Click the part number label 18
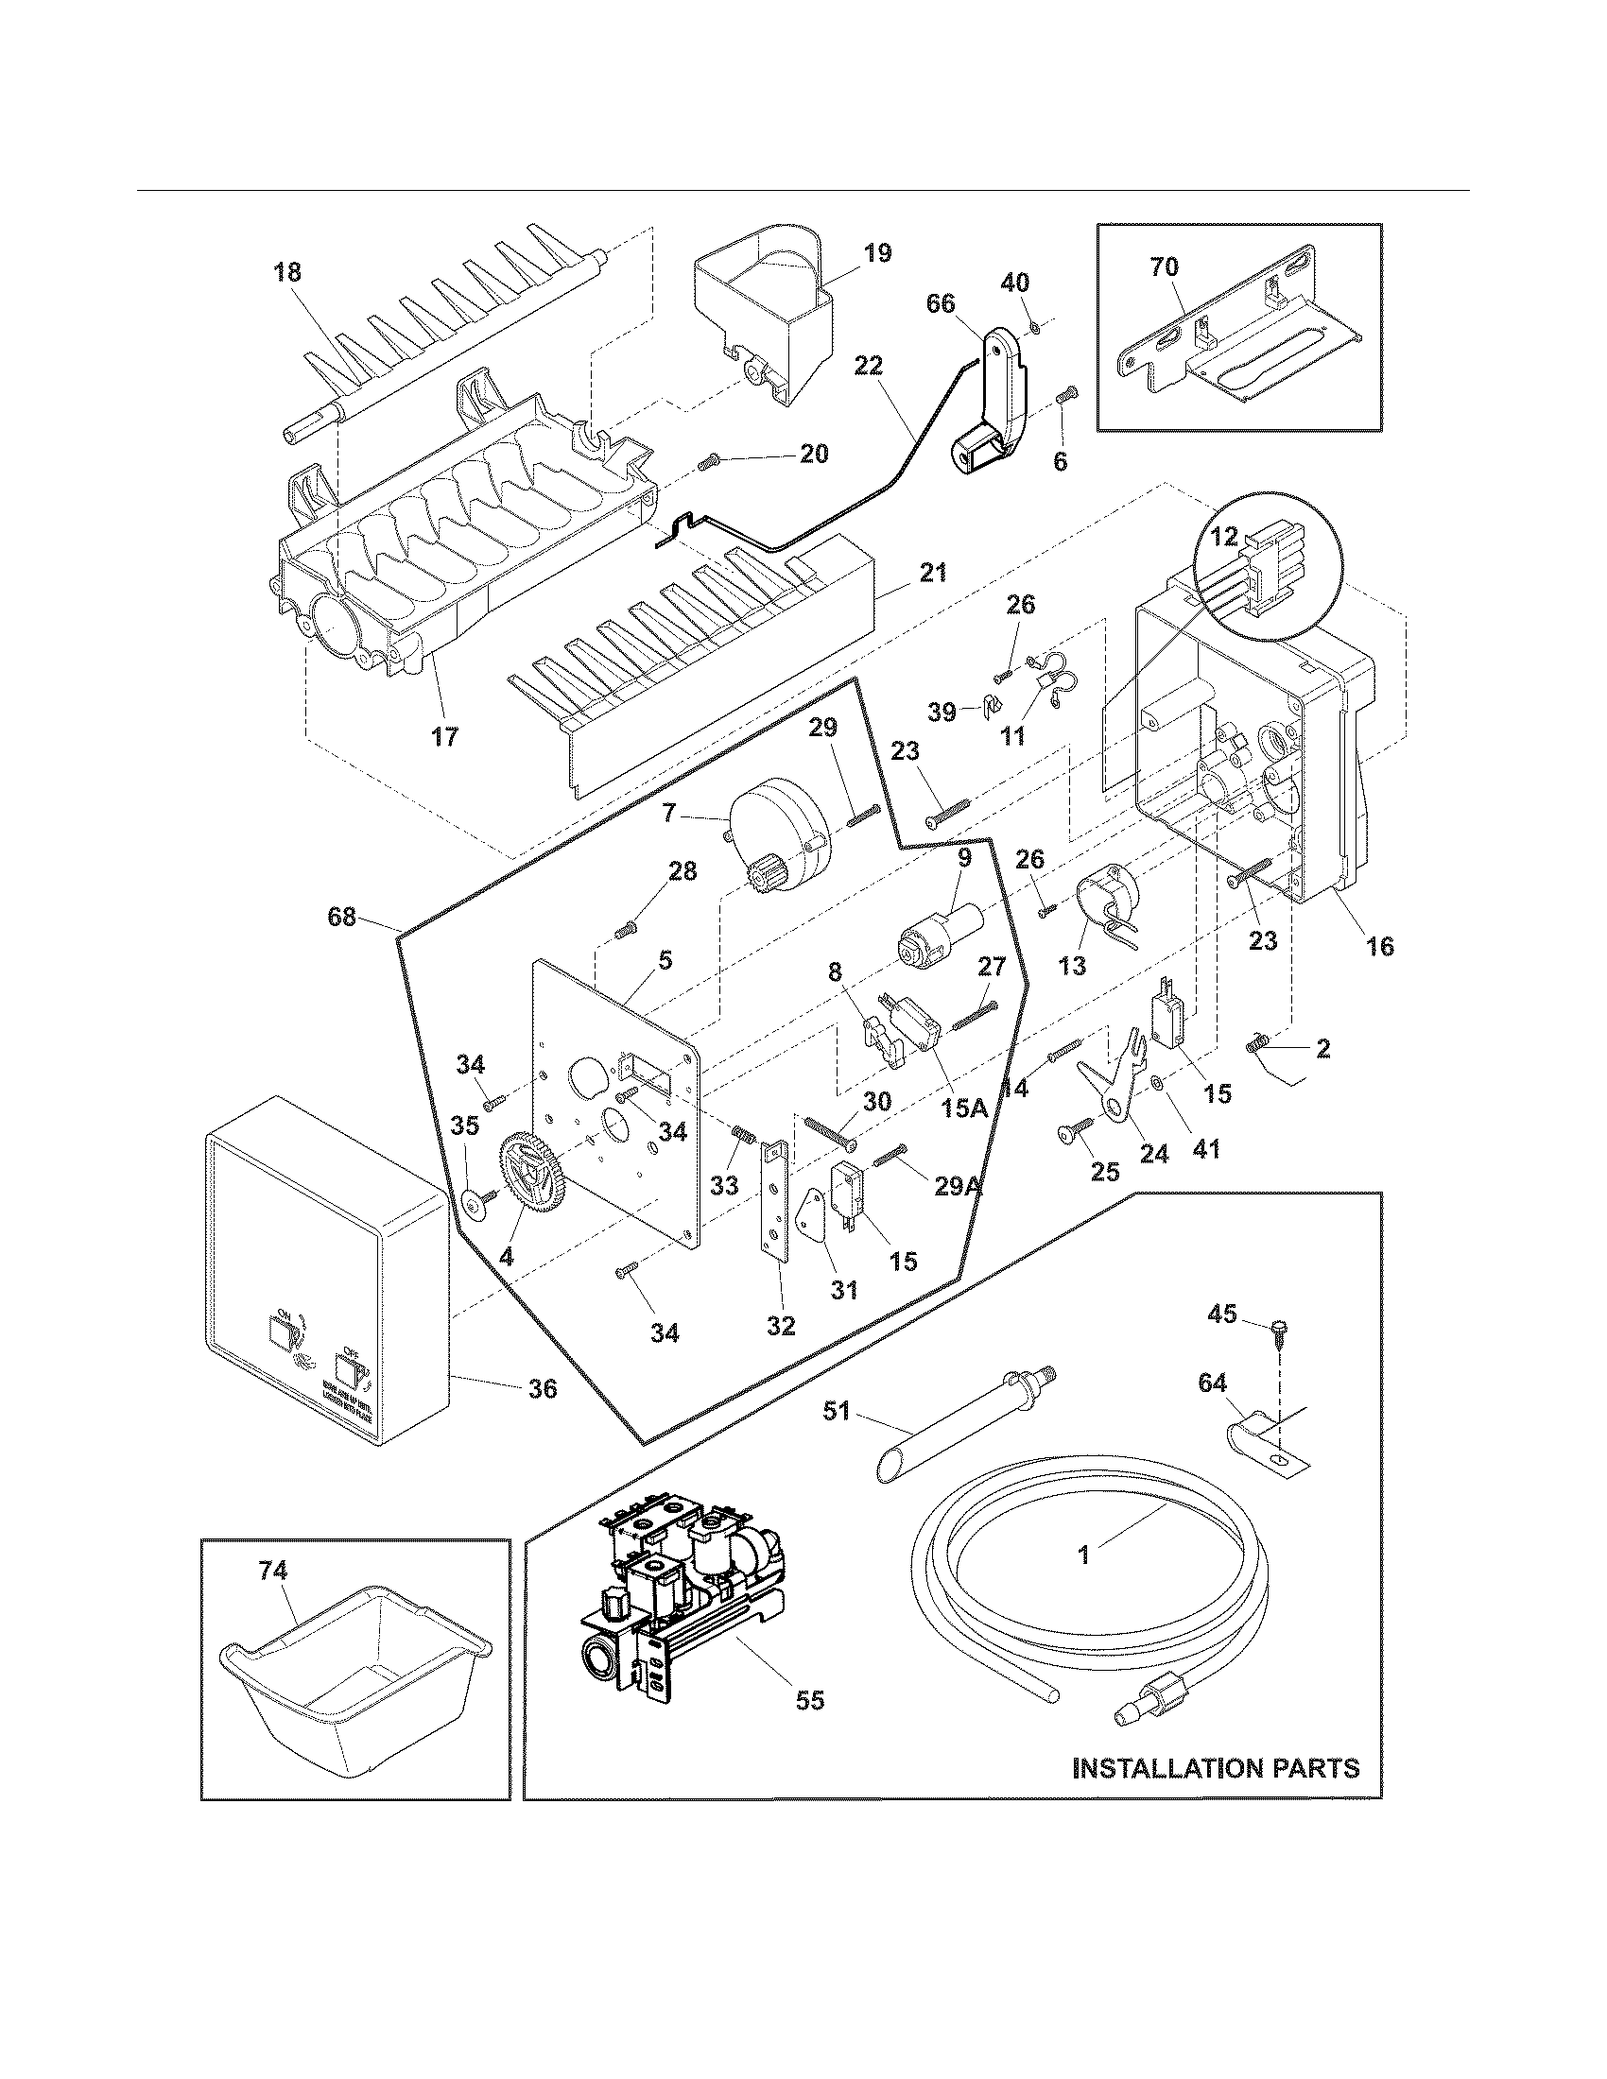pyautogui.click(x=286, y=272)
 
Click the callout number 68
pyautogui.click(x=341, y=917)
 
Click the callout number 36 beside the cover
pyautogui.click(x=543, y=1389)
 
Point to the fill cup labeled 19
pyautogui.click(x=762, y=309)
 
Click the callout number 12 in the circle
pyautogui.click(x=1224, y=537)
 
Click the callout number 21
pyautogui.click(x=934, y=573)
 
